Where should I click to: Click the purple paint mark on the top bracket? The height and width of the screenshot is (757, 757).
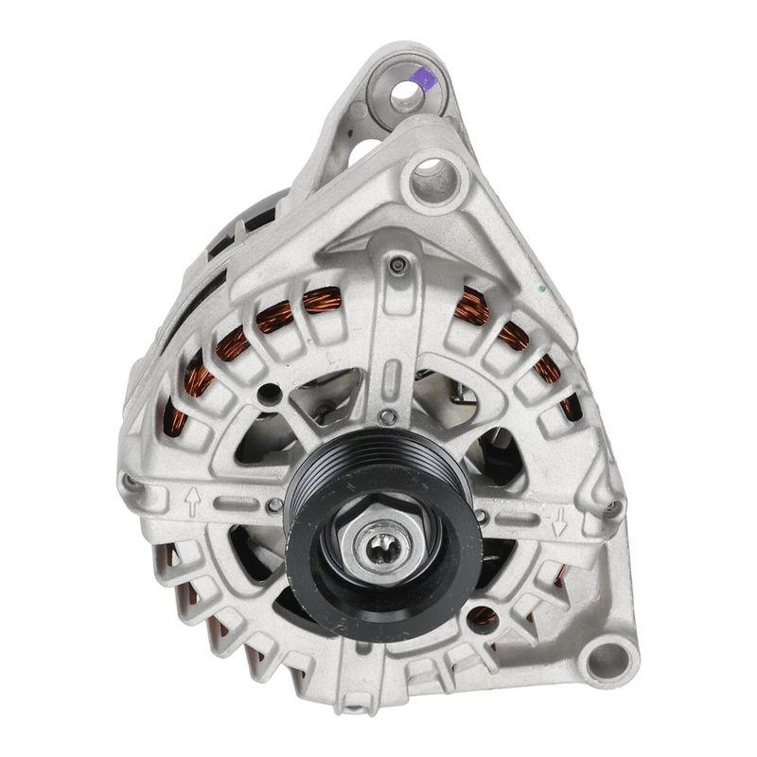426,79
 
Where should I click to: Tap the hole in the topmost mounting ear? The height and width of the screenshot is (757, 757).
405,93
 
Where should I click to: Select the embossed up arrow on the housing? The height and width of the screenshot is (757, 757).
192,501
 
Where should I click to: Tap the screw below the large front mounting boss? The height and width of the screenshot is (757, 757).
398,266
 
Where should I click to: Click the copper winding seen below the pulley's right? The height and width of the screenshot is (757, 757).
483,618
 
